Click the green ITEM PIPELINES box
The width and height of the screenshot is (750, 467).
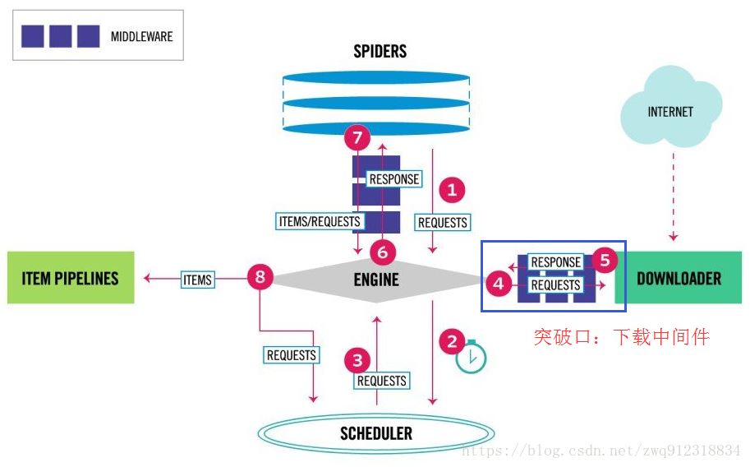(71, 278)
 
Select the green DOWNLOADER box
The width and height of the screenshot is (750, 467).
(679, 278)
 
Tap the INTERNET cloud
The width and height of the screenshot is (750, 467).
(670, 112)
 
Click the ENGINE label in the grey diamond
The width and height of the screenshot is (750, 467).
(376, 279)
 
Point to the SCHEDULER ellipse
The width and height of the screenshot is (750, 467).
(376, 433)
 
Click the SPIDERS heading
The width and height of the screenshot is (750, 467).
(380, 51)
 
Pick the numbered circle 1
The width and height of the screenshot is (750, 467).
(451, 191)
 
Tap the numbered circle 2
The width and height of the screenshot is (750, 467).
(451, 339)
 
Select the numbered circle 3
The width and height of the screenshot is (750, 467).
(357, 359)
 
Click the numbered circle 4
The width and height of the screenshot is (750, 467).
(497, 284)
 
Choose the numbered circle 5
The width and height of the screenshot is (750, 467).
(605, 261)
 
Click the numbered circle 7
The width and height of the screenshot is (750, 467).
(357, 139)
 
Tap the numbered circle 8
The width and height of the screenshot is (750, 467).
(260, 278)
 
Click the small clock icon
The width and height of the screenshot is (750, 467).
(472, 357)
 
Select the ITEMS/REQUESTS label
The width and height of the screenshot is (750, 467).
(320, 221)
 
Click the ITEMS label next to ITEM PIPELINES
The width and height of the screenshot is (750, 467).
(197, 280)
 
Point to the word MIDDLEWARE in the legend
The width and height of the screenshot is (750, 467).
(141, 36)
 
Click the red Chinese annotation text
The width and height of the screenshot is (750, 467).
(621, 336)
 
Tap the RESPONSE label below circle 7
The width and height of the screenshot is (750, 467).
(394, 178)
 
